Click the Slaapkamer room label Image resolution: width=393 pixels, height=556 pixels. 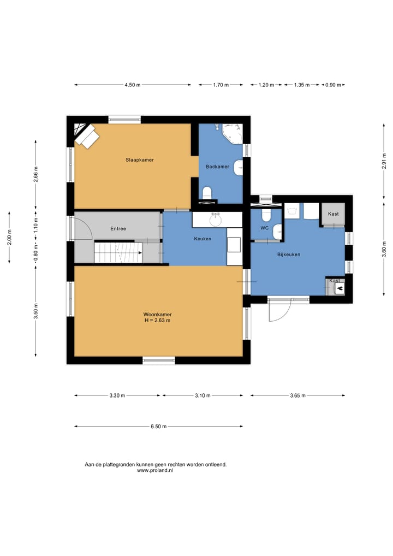140,160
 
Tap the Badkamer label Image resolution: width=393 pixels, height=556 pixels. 217,166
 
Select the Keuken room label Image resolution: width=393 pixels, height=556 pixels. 203,239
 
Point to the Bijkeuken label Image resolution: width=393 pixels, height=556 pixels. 288,255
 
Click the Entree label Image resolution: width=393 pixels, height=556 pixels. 118,229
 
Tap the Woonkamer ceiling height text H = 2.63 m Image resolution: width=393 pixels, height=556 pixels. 157,321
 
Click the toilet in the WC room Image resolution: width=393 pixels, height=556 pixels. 266,215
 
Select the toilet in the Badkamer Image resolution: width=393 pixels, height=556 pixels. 207,193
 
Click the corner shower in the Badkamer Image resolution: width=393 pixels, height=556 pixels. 232,133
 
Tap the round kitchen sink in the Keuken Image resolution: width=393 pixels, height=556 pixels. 215,220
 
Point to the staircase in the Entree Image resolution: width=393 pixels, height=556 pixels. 118,252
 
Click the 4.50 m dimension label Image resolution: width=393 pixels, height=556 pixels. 133,85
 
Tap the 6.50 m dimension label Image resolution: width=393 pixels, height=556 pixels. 158,427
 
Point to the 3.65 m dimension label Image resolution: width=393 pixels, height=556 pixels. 297,395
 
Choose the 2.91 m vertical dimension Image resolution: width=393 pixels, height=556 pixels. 384,161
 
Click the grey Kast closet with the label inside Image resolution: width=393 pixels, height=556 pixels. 333,214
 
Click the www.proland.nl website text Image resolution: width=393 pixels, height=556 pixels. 155,471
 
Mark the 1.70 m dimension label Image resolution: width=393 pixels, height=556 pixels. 221,85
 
